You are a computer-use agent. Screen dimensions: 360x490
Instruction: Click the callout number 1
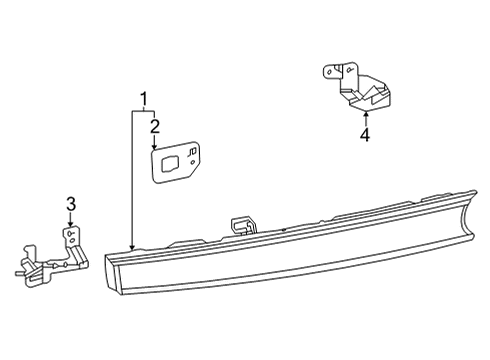pos(145,99)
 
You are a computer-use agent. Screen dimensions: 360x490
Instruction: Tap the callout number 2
pos(155,125)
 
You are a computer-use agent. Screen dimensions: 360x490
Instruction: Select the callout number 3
pos(71,205)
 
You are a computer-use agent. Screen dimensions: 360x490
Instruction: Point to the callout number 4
pos(365,135)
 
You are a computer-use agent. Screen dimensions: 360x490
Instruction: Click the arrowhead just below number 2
pos(155,146)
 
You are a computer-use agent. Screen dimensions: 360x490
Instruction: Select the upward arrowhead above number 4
pos(365,115)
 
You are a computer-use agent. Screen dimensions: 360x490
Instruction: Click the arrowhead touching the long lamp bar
pos(132,246)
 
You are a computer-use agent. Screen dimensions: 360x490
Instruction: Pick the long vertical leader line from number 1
pos(132,180)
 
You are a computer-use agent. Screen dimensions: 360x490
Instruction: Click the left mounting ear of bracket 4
pos(330,73)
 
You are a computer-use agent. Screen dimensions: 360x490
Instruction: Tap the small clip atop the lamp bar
pos(240,223)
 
